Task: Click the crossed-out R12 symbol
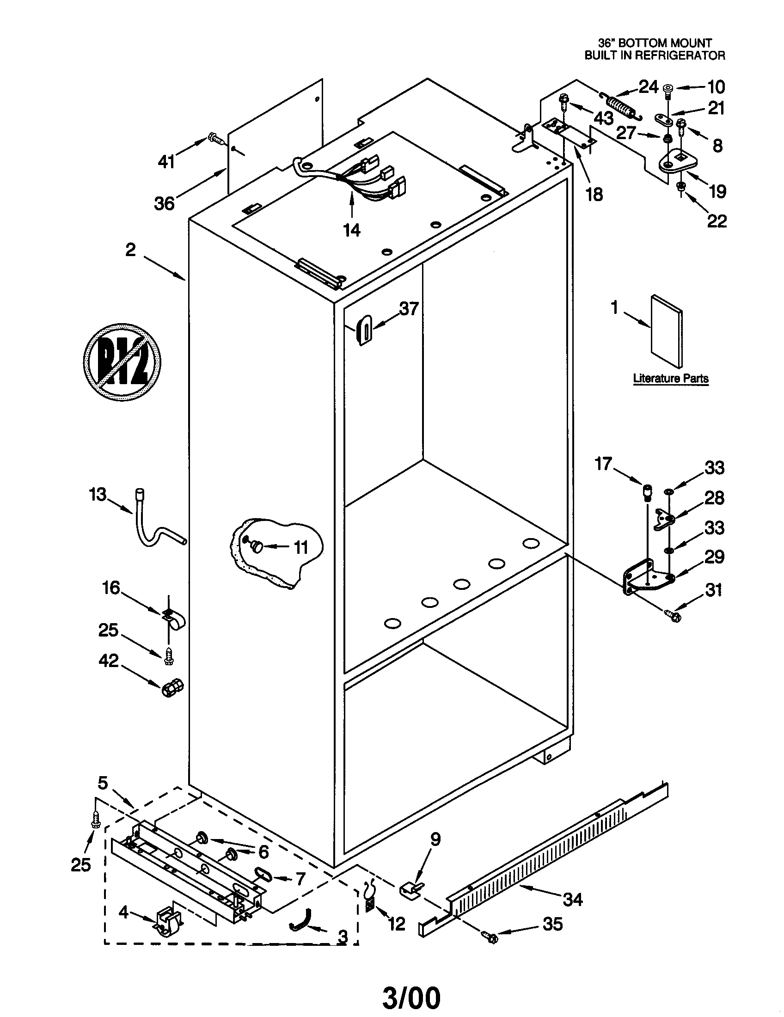click(122, 362)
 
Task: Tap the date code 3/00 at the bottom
click(410, 998)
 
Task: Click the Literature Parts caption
click(670, 379)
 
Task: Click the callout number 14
click(351, 230)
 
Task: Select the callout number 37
click(409, 308)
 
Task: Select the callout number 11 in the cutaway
click(301, 548)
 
